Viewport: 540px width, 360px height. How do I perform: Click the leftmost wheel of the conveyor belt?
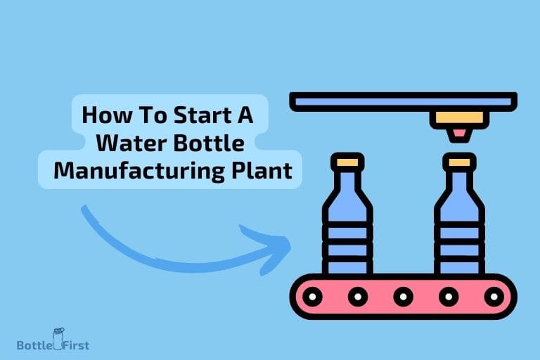point(313,296)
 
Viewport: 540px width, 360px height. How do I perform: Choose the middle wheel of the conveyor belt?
point(404,296)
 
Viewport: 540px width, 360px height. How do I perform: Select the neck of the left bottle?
point(347,183)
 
